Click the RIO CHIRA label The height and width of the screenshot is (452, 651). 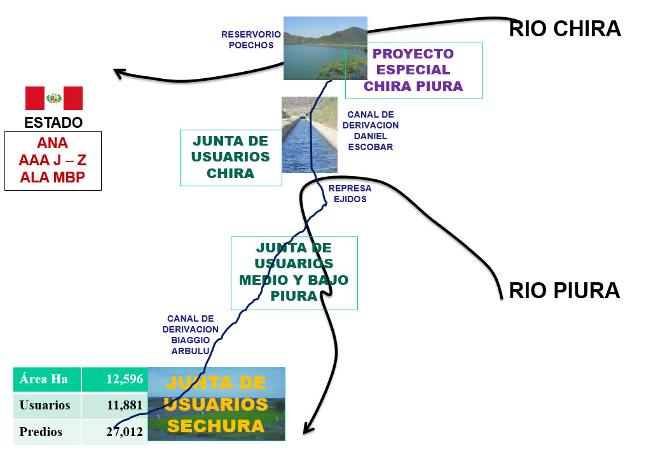[565, 29]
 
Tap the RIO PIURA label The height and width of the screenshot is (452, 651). [564, 291]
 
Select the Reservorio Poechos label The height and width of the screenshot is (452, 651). [251, 39]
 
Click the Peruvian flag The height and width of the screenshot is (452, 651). [54, 99]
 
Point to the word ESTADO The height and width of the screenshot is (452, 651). [53, 122]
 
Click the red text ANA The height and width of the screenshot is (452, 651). [53, 143]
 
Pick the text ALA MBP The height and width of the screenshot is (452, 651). [53, 177]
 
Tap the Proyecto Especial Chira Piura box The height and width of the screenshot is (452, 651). [413, 71]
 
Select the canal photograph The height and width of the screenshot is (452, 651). [309, 135]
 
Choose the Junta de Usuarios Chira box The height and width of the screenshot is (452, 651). [231, 157]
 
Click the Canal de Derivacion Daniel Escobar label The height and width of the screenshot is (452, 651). [371, 131]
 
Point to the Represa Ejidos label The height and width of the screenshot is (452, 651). [350, 194]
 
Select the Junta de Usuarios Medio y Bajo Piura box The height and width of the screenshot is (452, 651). [294, 272]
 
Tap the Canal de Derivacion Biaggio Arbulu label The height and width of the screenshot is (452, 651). [190, 334]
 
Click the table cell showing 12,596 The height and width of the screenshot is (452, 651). [115, 379]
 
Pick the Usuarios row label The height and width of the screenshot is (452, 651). [45, 405]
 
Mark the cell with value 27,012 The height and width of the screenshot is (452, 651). [115, 432]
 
